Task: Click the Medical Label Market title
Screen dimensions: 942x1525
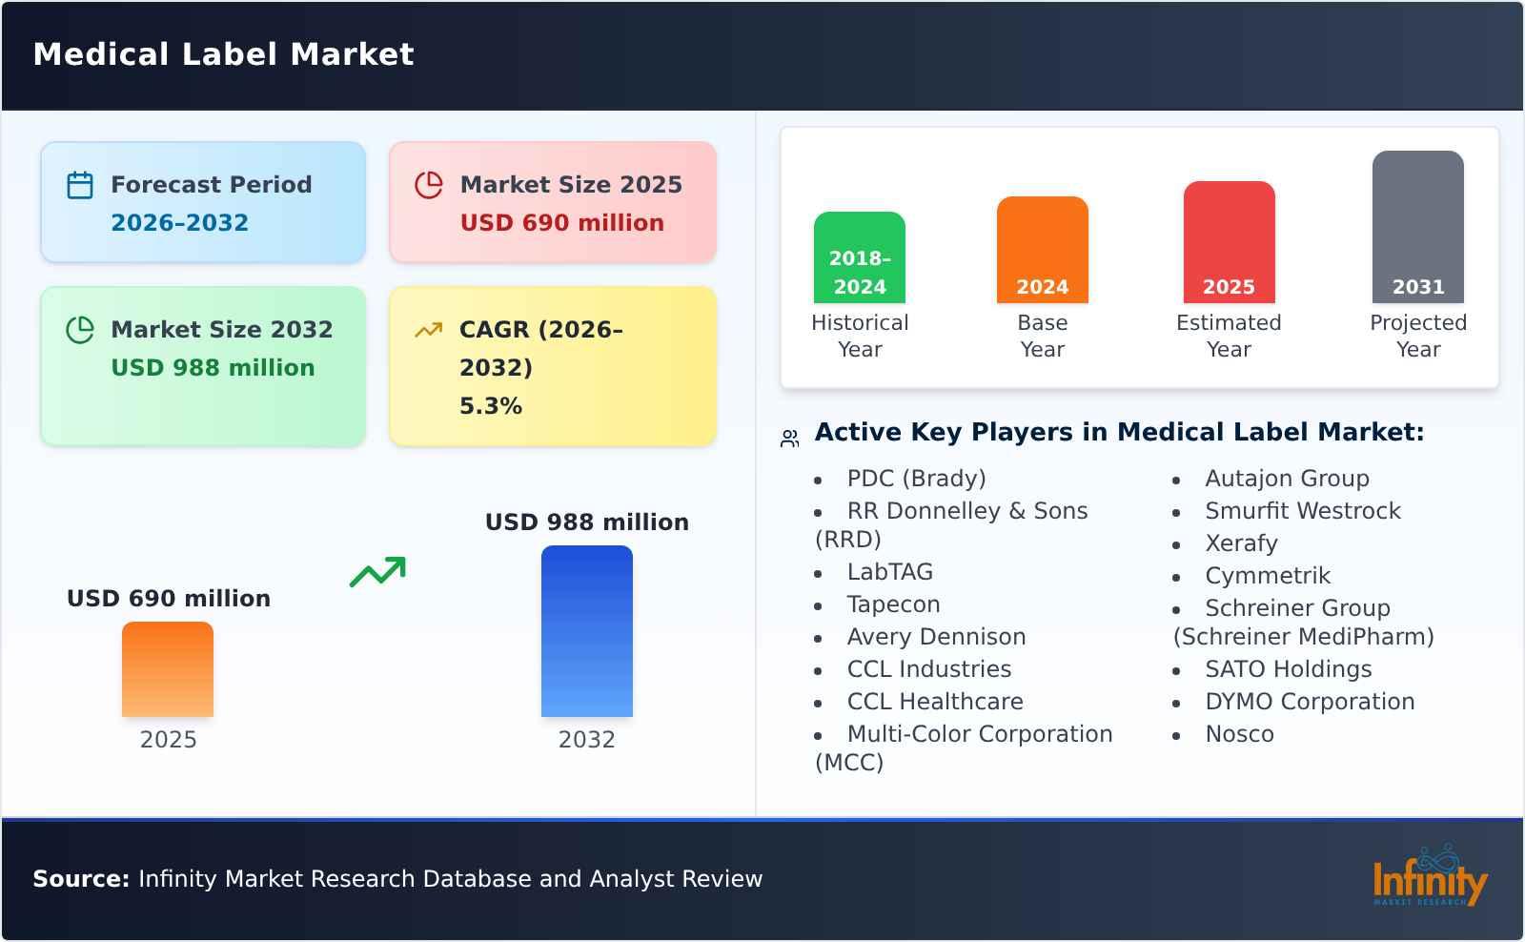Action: pos(223,54)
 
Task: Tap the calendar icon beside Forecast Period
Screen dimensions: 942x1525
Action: pos(80,185)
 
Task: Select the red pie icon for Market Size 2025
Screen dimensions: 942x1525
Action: pos(429,185)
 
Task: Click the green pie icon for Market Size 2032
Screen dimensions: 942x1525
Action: pos(80,330)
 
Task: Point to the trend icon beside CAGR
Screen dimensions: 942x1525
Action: pos(428,330)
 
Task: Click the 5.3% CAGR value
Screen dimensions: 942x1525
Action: pos(490,406)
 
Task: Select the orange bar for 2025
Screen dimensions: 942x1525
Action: pos(168,669)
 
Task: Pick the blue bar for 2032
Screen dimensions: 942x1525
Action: pos(586,631)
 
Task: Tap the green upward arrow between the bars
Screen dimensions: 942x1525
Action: pos(377,572)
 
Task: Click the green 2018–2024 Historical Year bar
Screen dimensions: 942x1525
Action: pos(859,257)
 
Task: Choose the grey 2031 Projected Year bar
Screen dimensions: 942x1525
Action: pos(1417,227)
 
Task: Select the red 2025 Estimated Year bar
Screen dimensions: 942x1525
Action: pos(1229,242)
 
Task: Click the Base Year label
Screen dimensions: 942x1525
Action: pos(1042,336)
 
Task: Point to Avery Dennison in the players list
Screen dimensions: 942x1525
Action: pos(936,637)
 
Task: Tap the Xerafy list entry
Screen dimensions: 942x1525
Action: pos(1241,543)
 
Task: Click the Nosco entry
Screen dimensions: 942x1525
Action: pos(1239,734)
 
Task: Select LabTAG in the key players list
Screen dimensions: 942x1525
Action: pos(889,572)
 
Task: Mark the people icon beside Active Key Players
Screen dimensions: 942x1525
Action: pos(790,439)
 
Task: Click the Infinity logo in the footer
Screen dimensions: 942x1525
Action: pos(1429,876)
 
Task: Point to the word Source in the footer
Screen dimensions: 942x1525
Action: pos(81,879)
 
